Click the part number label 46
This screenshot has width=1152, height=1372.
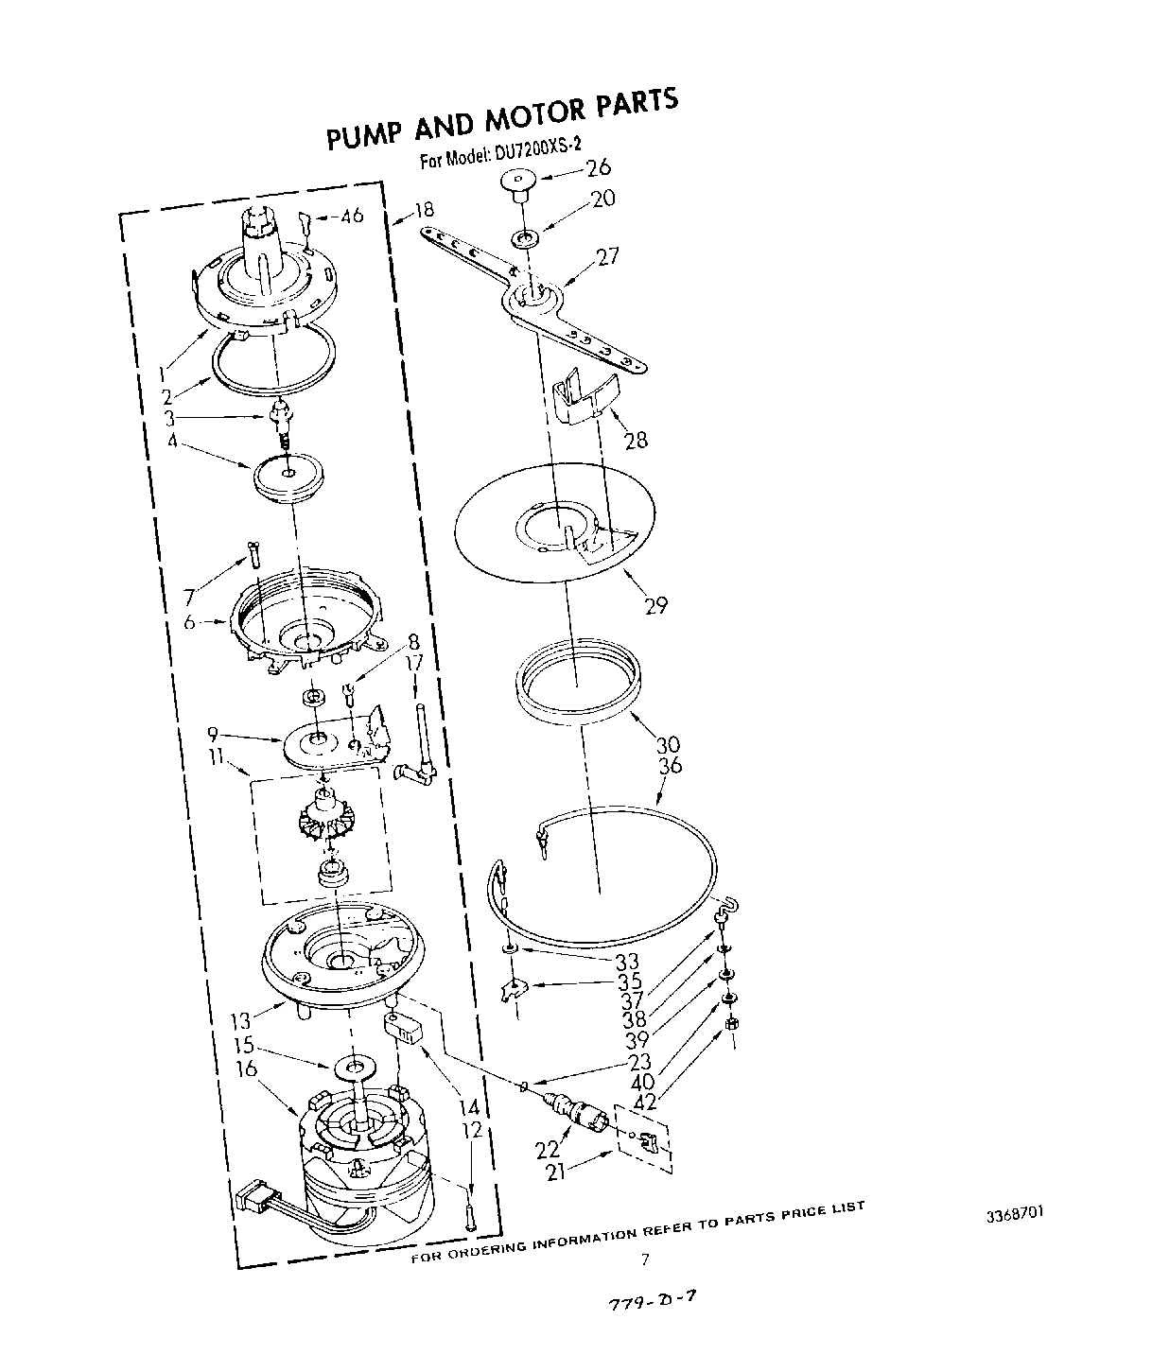click(352, 217)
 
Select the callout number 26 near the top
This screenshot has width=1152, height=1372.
click(598, 168)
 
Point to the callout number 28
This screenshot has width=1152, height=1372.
click(635, 439)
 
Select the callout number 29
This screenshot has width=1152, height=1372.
click(656, 605)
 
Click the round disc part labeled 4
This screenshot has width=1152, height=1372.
click(288, 475)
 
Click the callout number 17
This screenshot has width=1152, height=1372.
click(414, 664)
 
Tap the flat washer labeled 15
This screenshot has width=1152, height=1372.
click(356, 1068)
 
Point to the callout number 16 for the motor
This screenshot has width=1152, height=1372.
click(247, 1069)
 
